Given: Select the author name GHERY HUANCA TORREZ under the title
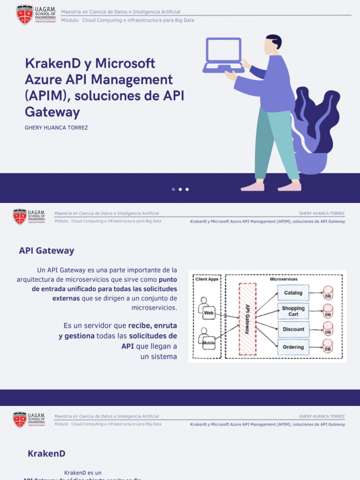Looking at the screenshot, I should pos(56,127).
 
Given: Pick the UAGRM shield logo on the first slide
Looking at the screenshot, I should pos(24,15).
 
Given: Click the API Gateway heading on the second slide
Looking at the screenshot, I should pos(46,250).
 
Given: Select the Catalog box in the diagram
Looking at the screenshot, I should pos(293,293).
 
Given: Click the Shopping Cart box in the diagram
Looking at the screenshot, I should pos(293,311).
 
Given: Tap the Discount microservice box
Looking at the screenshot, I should pos(293,329).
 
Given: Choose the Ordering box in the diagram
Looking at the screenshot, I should pos(293,347).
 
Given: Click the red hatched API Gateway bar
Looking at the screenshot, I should pos(247,319).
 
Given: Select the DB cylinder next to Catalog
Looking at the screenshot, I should pos(328,293).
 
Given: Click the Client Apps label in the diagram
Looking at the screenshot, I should pos(207,279).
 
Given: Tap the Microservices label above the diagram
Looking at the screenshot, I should pos(284,279).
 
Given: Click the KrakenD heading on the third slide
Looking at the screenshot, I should pos(46,453).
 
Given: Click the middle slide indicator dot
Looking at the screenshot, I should pos(180,189).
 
